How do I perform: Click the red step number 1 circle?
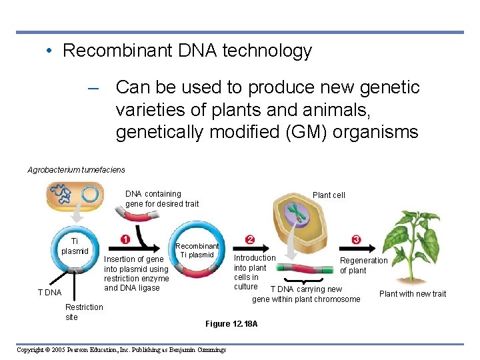click(x=125, y=240)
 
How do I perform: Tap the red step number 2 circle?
click(x=249, y=240)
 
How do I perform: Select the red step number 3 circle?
click(x=357, y=240)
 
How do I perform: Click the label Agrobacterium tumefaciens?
click(x=76, y=170)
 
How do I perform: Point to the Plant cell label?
click(x=329, y=195)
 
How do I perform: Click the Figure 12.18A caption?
click(x=231, y=324)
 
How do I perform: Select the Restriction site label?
click(x=84, y=312)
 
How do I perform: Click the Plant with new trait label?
click(x=413, y=294)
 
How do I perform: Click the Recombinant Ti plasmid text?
click(x=197, y=251)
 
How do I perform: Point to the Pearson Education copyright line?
click(x=121, y=350)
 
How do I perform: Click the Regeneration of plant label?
click(x=363, y=265)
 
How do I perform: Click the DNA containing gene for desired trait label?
click(x=162, y=199)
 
